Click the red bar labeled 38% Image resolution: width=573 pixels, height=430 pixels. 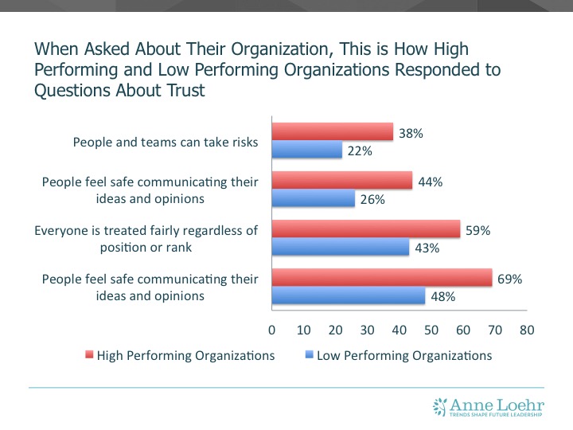coord(333,132)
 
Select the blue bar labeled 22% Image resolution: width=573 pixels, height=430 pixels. coord(307,150)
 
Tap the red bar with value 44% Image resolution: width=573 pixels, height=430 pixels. coord(342,182)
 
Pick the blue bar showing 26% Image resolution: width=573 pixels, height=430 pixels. coord(314,200)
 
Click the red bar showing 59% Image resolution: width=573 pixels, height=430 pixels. coord(366,230)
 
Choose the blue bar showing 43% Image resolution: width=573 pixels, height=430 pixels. coord(341,248)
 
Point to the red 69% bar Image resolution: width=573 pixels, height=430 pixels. coord(382,279)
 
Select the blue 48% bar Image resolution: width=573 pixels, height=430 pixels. coord(349,297)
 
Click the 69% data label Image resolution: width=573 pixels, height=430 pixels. coord(509,279)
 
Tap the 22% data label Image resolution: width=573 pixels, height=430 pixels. coord(359,150)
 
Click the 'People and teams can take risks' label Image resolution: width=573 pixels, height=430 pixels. coord(166,143)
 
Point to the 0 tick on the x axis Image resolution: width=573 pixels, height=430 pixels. coord(272,328)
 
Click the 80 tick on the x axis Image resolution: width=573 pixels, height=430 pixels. coord(526,328)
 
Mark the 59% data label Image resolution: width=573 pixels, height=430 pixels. coord(477,230)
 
